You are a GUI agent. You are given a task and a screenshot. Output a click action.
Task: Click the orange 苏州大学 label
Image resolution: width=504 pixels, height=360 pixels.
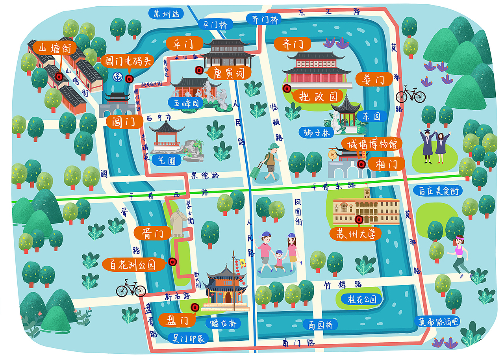point(356,234)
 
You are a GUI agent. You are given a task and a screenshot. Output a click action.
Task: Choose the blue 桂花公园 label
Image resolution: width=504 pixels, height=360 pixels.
point(361,299)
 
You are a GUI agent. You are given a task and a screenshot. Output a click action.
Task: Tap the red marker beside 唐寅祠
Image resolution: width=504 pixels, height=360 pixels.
point(199,71)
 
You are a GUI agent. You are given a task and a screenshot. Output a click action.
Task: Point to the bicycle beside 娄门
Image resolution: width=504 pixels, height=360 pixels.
point(410,95)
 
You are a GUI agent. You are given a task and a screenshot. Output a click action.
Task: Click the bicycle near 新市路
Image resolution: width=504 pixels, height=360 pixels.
point(131,289)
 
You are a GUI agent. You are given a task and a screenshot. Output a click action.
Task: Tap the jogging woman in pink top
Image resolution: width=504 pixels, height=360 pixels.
point(460,254)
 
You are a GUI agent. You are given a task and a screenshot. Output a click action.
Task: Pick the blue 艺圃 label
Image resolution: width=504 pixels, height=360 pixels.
point(167,160)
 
